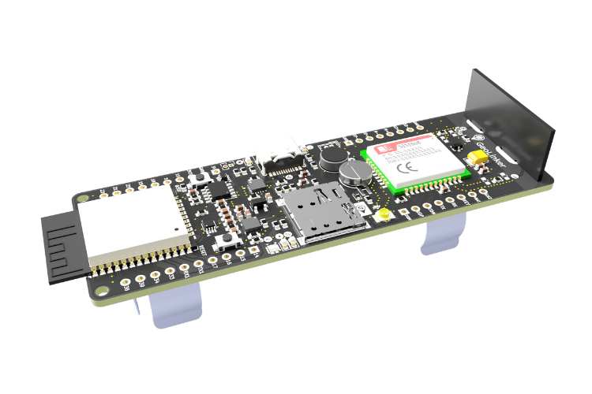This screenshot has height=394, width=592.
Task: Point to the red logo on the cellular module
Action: pyautogui.click(x=388, y=149)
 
